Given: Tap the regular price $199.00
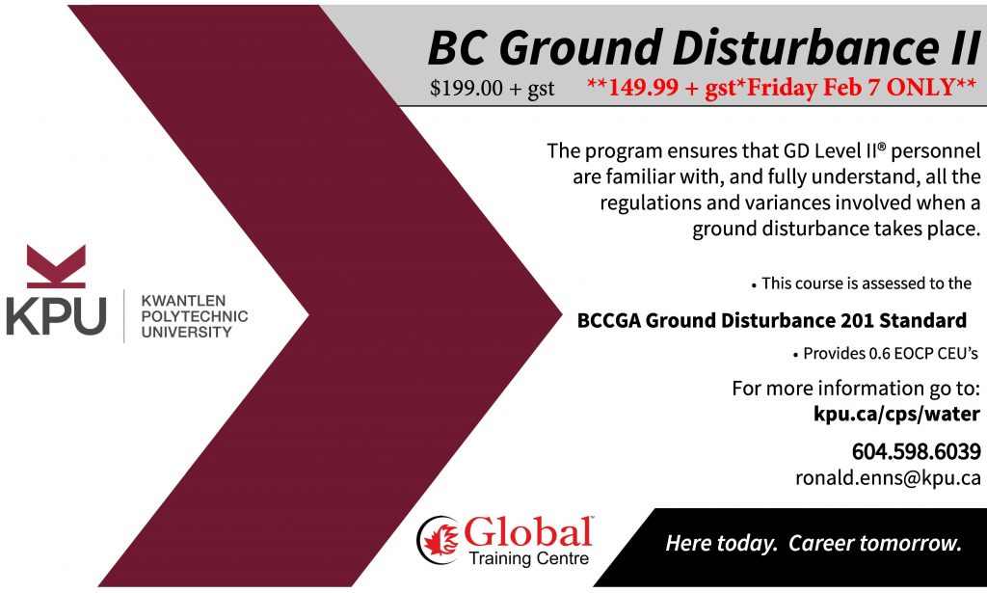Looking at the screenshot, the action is point(467,88).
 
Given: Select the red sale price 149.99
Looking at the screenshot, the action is point(643,87).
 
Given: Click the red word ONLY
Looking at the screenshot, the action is point(922,86).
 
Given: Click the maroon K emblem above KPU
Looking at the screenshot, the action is point(56,266).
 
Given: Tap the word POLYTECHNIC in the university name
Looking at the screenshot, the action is point(195,316).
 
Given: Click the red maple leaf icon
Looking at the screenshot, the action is point(440,540).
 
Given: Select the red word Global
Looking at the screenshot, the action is point(528,532).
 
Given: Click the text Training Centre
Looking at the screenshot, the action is point(529,558).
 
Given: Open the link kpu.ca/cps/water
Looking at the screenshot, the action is point(896,415).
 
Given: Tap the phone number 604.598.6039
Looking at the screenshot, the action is point(916,451).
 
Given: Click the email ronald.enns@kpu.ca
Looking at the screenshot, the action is point(888,478).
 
